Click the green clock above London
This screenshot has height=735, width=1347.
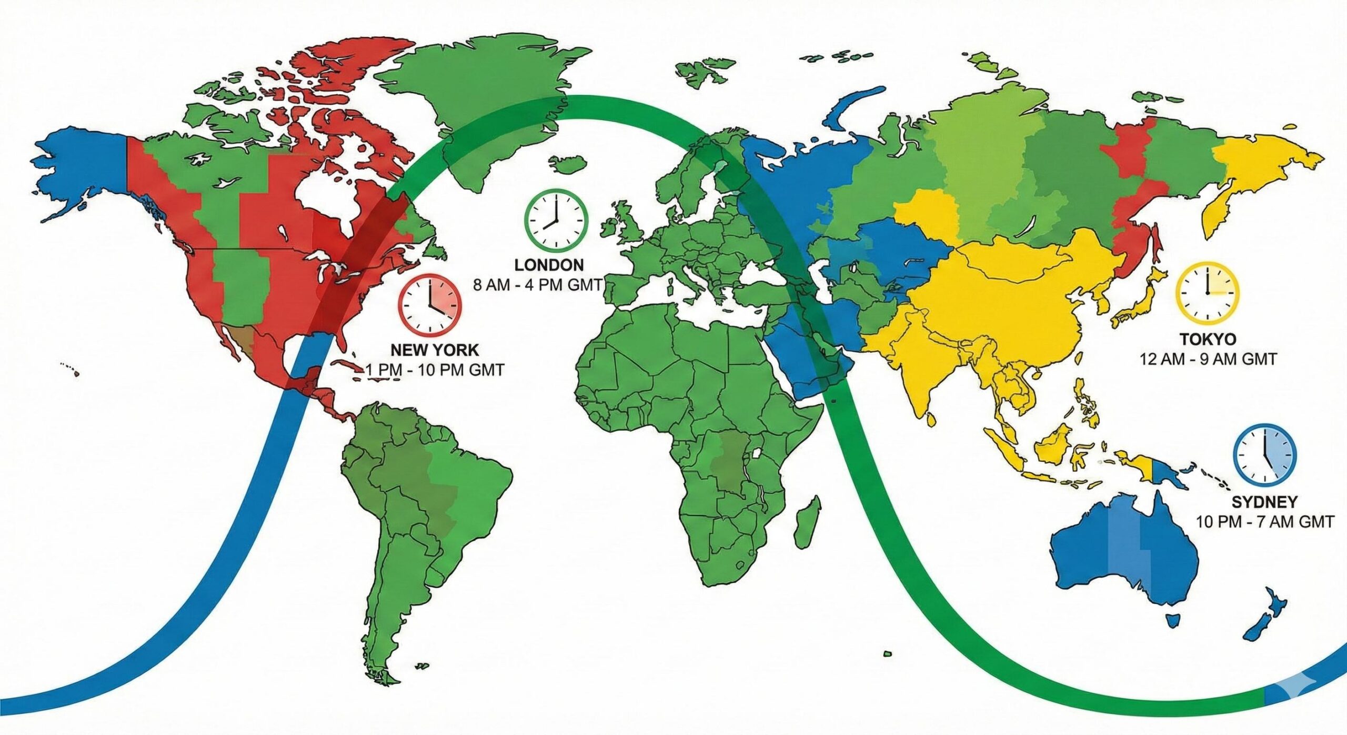click(x=556, y=221)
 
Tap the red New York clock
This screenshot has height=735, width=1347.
click(x=429, y=305)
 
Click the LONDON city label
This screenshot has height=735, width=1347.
click(x=548, y=264)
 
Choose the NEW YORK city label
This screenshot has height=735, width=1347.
click(x=435, y=349)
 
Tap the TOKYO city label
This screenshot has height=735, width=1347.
click(x=1208, y=338)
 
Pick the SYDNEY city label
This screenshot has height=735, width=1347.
click(x=1264, y=501)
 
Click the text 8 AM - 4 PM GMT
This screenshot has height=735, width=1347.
click(x=537, y=285)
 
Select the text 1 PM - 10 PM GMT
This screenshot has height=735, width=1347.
click(x=435, y=370)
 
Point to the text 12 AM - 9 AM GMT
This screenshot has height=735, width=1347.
click(x=1208, y=359)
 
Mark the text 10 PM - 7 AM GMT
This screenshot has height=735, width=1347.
click(x=1265, y=522)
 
